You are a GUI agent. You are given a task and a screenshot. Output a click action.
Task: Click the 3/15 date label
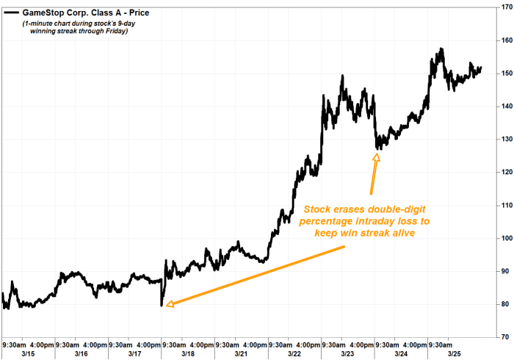14,353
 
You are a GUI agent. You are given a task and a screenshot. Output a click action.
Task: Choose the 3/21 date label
241,353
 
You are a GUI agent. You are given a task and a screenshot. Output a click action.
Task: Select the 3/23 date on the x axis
348,353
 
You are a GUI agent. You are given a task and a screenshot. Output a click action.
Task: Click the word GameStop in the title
47,12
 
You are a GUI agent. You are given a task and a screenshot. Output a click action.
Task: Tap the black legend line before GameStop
12,12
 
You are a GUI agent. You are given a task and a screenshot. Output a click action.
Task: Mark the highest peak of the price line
441,49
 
